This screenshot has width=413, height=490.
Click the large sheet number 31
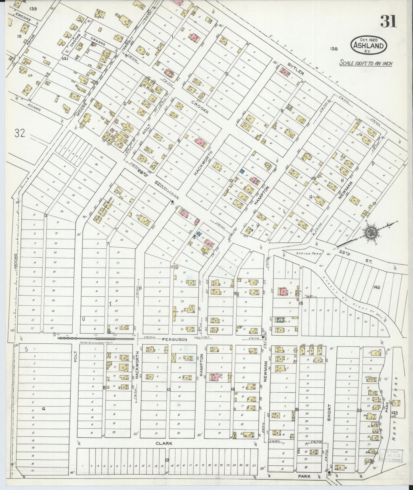(x=388, y=21)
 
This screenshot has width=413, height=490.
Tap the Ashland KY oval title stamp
(x=369, y=45)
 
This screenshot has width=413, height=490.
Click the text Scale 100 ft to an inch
(x=366, y=63)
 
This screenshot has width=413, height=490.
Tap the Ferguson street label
(x=175, y=340)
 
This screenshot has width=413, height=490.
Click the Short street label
(x=329, y=412)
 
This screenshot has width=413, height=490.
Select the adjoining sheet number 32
(x=21, y=133)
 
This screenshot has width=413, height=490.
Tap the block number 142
(x=376, y=287)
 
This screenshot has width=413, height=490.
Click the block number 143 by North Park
(x=395, y=413)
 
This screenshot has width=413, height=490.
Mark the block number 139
(x=33, y=9)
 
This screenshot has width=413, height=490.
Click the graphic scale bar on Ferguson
(x=96, y=338)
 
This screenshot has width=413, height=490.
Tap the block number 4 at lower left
(x=43, y=409)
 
